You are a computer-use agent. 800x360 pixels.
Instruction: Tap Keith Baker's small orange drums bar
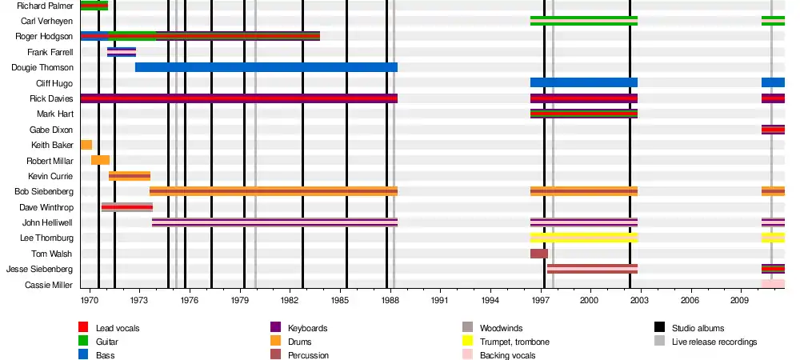point(86,145)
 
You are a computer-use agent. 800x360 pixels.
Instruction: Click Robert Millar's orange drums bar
point(100,160)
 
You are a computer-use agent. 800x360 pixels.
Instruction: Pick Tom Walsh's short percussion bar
point(539,254)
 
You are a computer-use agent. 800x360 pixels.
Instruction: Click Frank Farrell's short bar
point(122,52)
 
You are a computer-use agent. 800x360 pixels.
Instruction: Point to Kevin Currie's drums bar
point(130,176)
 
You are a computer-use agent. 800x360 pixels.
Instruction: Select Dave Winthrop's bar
point(127,207)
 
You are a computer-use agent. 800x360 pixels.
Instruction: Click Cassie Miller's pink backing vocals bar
point(773,284)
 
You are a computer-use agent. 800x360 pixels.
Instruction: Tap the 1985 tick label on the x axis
point(340,300)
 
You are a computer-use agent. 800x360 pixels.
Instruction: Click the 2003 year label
point(639,300)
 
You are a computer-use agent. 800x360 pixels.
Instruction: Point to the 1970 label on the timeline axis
point(90,300)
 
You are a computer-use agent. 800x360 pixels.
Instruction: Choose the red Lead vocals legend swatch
point(83,328)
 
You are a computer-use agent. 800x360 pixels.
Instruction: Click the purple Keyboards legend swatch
point(275,328)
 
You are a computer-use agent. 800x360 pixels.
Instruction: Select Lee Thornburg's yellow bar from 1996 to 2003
point(584,238)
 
